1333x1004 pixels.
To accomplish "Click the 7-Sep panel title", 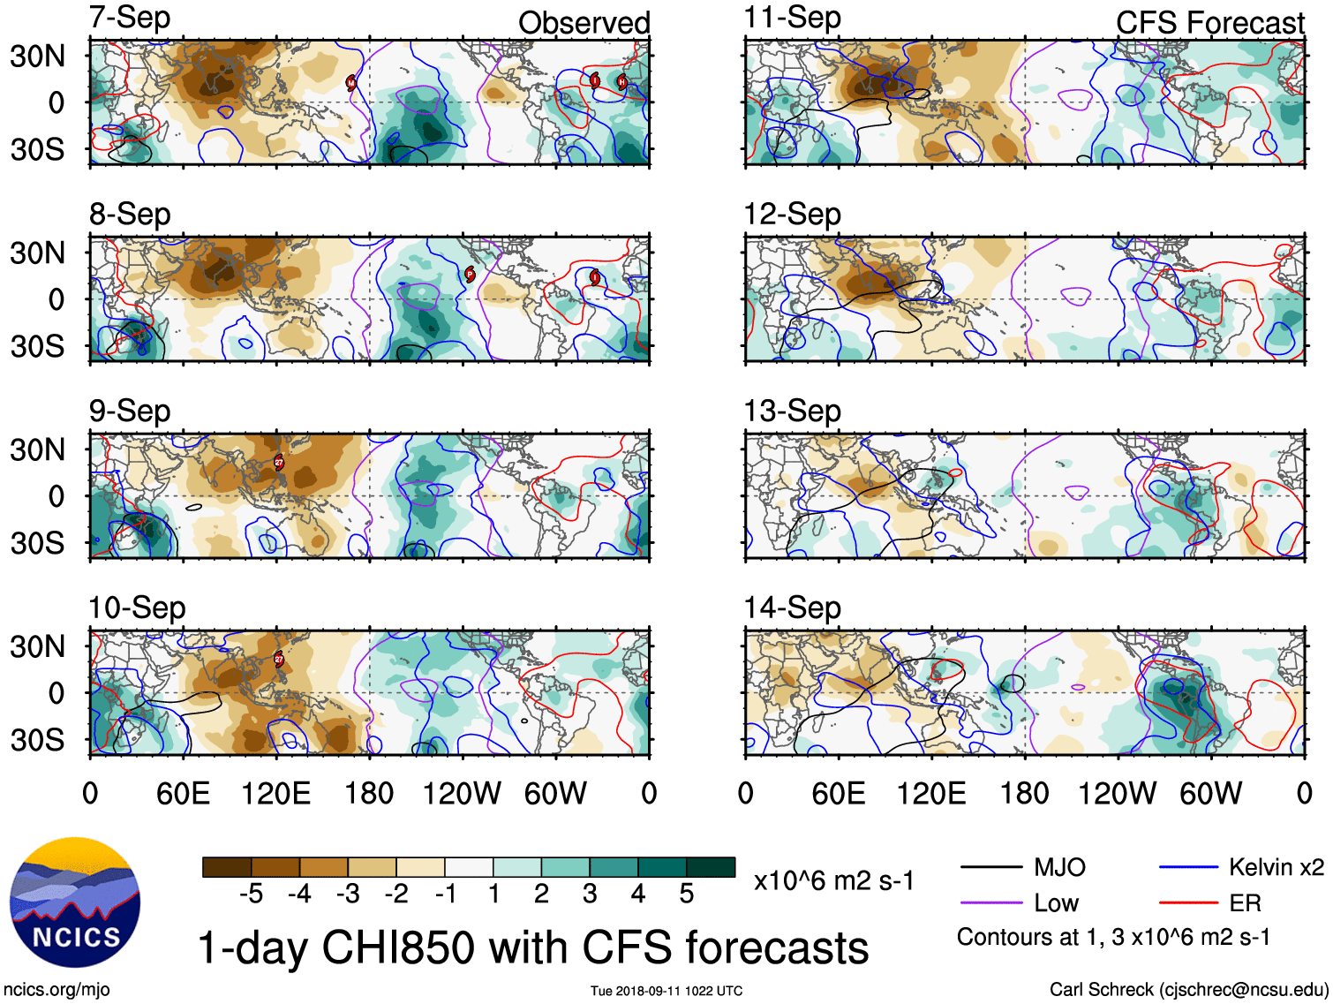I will (x=130, y=18).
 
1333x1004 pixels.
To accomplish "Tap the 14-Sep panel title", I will (x=792, y=608).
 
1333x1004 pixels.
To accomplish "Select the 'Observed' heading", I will (x=584, y=23).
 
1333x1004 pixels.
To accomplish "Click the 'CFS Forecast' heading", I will (x=1209, y=23).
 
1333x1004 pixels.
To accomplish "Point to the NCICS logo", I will (x=75, y=902).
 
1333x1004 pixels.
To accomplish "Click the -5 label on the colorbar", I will (x=251, y=895).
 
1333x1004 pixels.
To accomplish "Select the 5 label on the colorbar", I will (x=687, y=895).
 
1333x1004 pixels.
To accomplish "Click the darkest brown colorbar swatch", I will (x=227, y=867).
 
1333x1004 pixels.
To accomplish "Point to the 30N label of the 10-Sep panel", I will (x=37, y=646).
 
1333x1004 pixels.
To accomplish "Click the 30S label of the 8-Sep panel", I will (x=37, y=346).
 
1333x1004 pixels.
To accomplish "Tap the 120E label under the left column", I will (x=275, y=793).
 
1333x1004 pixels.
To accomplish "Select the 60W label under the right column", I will (x=1210, y=793).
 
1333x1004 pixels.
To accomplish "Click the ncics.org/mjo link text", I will (x=56, y=990).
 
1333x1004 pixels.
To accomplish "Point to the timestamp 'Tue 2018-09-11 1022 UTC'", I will (x=666, y=991).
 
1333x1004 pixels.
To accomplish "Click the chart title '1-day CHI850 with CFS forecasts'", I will (x=532, y=947).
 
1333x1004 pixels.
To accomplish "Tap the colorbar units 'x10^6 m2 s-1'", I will (x=833, y=880).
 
